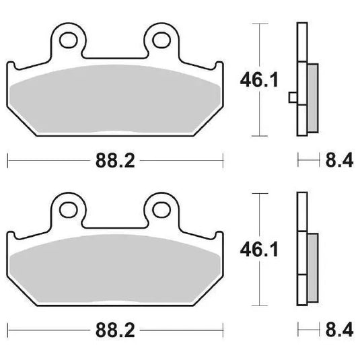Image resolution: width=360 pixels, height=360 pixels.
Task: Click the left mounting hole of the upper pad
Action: click(x=68, y=40)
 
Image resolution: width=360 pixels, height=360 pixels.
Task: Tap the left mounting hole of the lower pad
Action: click(x=68, y=209)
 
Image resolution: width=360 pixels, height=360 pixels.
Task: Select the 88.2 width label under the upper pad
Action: click(x=114, y=161)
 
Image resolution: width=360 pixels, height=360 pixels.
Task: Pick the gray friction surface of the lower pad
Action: click(x=114, y=269)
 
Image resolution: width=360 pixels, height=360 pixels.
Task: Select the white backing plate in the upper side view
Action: click(x=299, y=54)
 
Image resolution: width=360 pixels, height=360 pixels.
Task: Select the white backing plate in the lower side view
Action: click(x=299, y=222)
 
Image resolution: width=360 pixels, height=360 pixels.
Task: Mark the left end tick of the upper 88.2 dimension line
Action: click(x=7, y=161)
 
